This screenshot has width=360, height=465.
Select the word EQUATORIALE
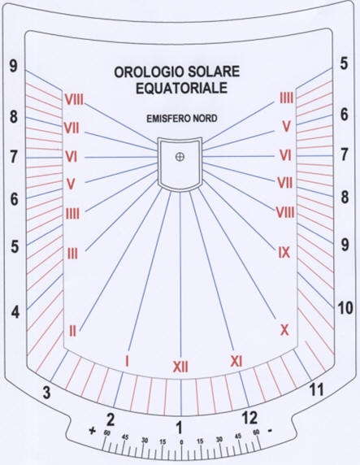(x=181, y=88)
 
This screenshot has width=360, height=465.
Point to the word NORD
(x=205, y=119)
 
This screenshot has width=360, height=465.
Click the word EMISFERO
(x=168, y=119)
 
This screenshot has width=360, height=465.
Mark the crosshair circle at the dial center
(x=180, y=157)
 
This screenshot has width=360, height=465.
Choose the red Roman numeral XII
(x=180, y=367)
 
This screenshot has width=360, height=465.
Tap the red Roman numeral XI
(x=236, y=361)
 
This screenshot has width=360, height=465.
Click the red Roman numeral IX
(x=284, y=252)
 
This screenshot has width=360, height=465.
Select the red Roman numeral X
(x=284, y=330)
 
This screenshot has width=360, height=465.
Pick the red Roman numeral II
(x=72, y=331)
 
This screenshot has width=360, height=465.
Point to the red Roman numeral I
(x=128, y=361)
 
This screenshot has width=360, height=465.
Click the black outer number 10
(x=345, y=308)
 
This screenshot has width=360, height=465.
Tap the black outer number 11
(x=316, y=389)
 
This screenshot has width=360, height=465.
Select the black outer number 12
(x=249, y=418)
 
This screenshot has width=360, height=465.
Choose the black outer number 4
(x=15, y=312)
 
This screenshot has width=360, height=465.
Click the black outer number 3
(x=46, y=393)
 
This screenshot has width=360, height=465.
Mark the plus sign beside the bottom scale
(x=93, y=431)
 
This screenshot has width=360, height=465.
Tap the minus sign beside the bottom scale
(x=270, y=430)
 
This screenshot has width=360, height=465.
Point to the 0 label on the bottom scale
(x=181, y=442)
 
